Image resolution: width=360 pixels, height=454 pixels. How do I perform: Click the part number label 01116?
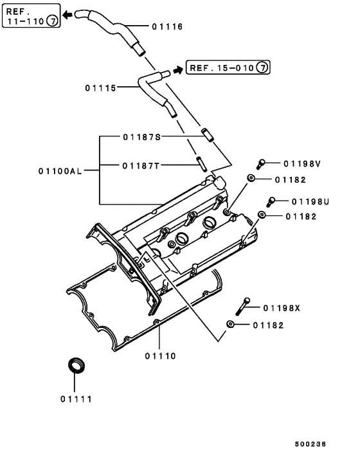point(168,27)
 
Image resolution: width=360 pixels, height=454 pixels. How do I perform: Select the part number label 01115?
point(100,87)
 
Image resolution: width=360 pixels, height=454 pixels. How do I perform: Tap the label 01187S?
point(141,137)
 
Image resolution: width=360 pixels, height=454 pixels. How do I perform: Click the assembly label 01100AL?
point(60,171)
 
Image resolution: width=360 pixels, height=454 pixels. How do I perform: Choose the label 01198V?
point(302,163)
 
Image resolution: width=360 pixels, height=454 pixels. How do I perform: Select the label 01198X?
point(282,308)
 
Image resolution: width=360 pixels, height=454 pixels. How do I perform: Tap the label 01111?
point(76,399)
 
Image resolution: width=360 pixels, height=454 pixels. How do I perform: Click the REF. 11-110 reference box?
point(32,15)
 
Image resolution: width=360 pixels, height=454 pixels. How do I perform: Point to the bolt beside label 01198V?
point(262,163)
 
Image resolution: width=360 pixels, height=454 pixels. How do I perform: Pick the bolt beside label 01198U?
point(272,201)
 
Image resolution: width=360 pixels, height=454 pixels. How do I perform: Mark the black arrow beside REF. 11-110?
point(67,15)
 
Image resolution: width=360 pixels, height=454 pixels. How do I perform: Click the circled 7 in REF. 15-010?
point(262,67)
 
